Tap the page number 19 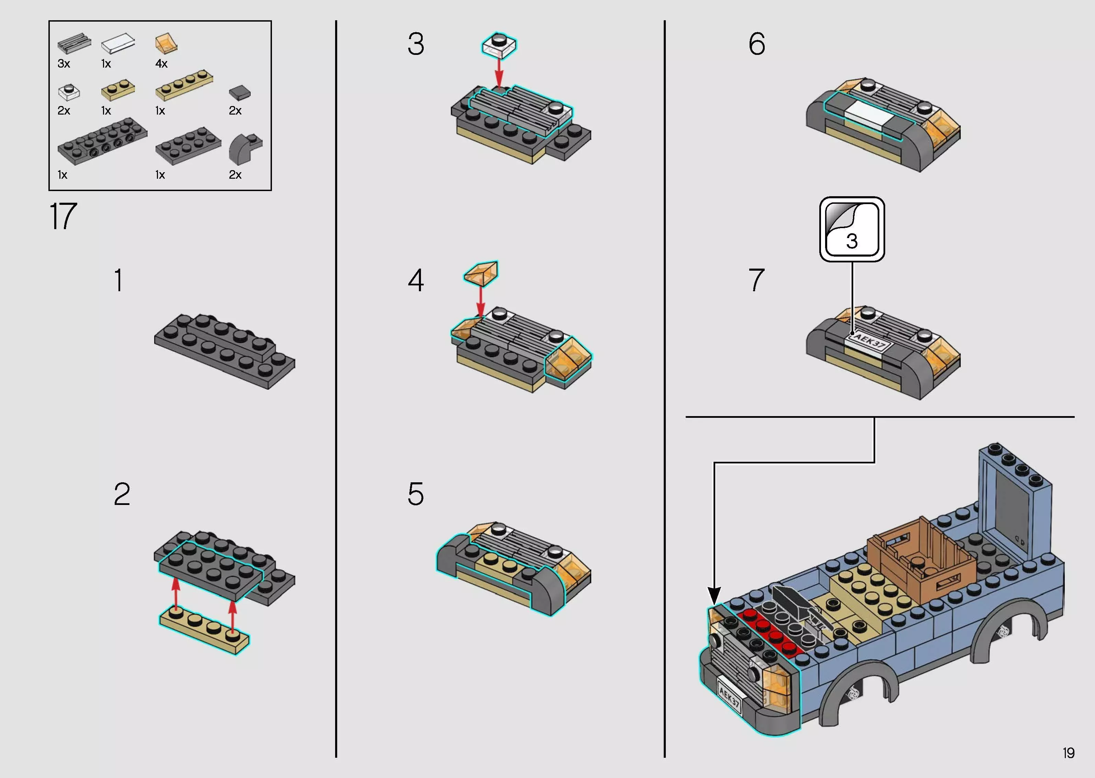pos(1068,753)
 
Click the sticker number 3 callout pos(852,229)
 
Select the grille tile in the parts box pos(74,44)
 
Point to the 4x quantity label pos(162,64)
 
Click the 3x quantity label pos(64,64)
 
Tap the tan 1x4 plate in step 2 pos(205,629)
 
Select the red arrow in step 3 pos(499,72)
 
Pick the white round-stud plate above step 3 pos(499,45)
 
